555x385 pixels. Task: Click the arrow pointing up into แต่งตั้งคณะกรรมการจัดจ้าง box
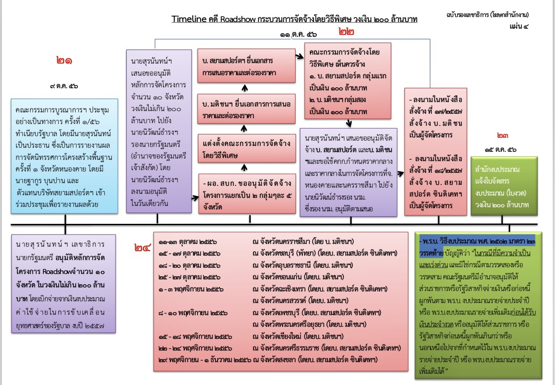pos(244,168)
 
